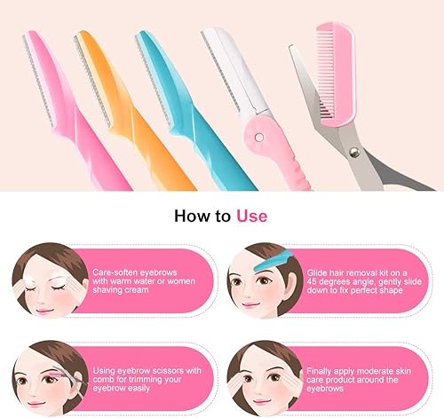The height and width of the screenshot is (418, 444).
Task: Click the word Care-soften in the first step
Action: [116, 263]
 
